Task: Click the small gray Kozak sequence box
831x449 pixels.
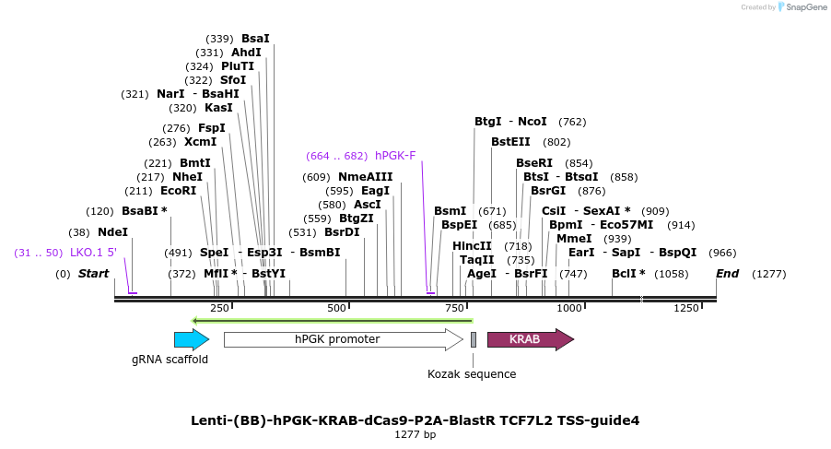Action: click(474, 339)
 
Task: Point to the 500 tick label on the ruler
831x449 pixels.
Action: click(337, 307)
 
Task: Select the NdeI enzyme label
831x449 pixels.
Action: click(112, 233)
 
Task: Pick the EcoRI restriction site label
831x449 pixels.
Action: click(179, 191)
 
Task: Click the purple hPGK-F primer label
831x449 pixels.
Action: click(395, 155)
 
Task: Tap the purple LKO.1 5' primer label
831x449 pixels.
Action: click(93, 253)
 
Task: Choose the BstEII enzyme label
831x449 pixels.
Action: click(510, 142)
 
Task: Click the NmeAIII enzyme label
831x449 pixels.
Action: click(366, 177)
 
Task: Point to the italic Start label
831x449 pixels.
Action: click(94, 274)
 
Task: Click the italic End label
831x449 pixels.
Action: click(728, 274)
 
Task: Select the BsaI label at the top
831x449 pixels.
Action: click(255, 39)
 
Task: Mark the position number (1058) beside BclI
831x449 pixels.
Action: click(671, 274)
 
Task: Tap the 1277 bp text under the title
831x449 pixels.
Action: click(415, 434)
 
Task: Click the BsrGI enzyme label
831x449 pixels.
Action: click(548, 191)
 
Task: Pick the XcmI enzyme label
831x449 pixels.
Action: click(200, 142)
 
